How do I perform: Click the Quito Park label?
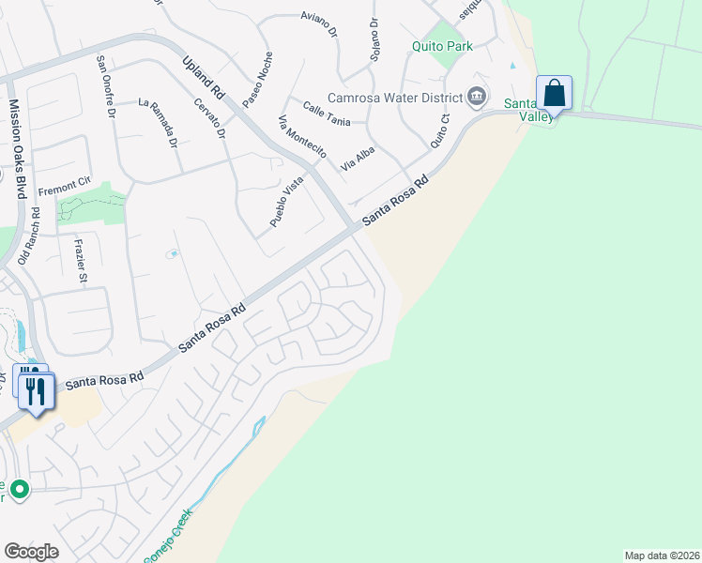[442, 45]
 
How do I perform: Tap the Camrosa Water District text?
[394, 98]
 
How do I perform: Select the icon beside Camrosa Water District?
[477, 96]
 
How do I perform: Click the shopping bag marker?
[554, 94]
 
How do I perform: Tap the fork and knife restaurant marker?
[36, 390]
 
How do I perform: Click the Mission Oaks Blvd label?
[17, 149]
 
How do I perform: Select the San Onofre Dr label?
[105, 86]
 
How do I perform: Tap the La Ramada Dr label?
[159, 123]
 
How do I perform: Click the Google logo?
[31, 552]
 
